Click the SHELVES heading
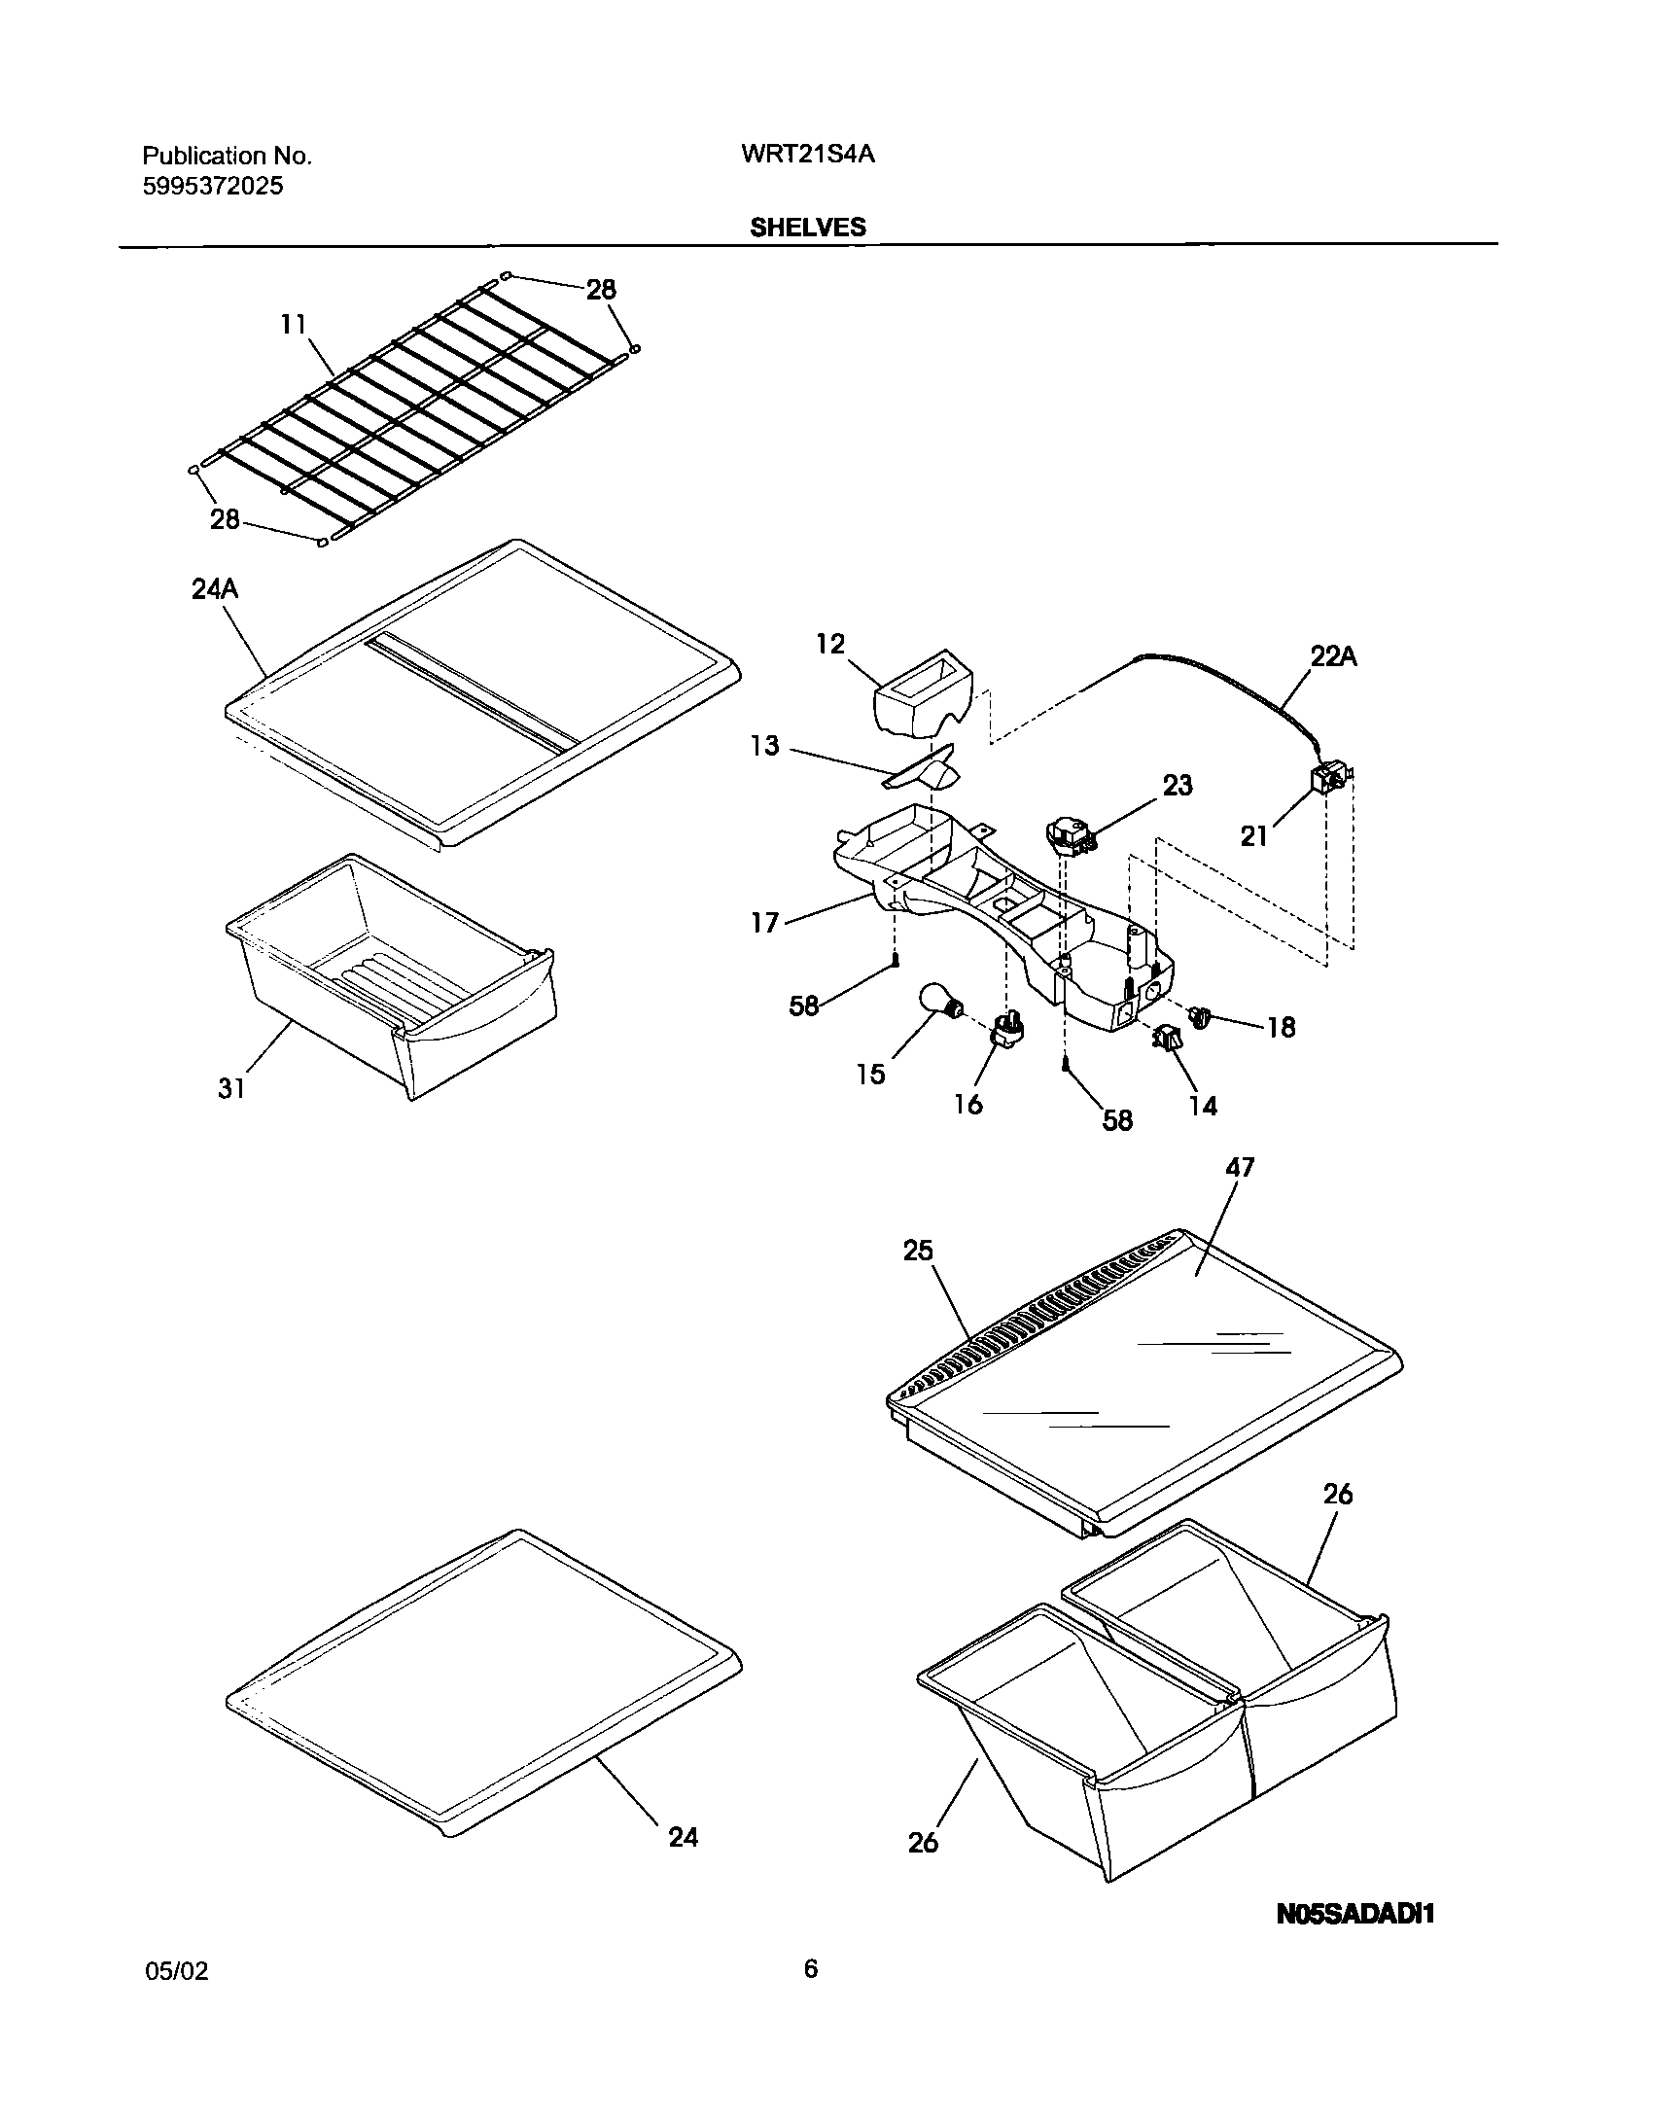(807, 227)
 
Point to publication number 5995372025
(213, 186)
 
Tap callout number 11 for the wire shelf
(294, 324)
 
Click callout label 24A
(215, 589)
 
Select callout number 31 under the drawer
(231, 1089)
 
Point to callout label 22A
(1333, 657)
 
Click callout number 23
(1178, 785)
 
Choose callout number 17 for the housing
(765, 922)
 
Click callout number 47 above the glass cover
(1241, 1166)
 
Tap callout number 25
(918, 1251)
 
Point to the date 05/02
(176, 1971)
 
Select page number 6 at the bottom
(811, 1969)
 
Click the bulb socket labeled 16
(1005, 1028)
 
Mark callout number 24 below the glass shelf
(683, 1837)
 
